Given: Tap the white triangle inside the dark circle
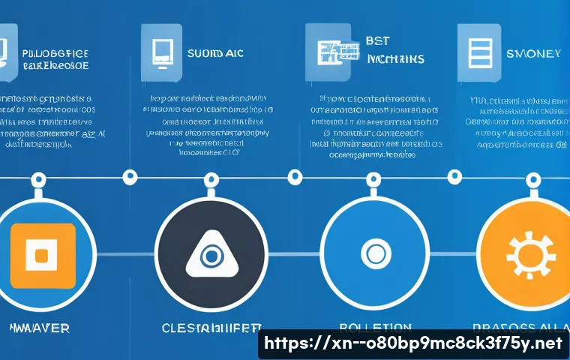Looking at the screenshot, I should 211,255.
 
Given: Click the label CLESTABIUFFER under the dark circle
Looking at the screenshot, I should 212,328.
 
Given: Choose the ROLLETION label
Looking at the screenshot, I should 375,328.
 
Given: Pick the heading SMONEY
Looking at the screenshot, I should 533,53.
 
